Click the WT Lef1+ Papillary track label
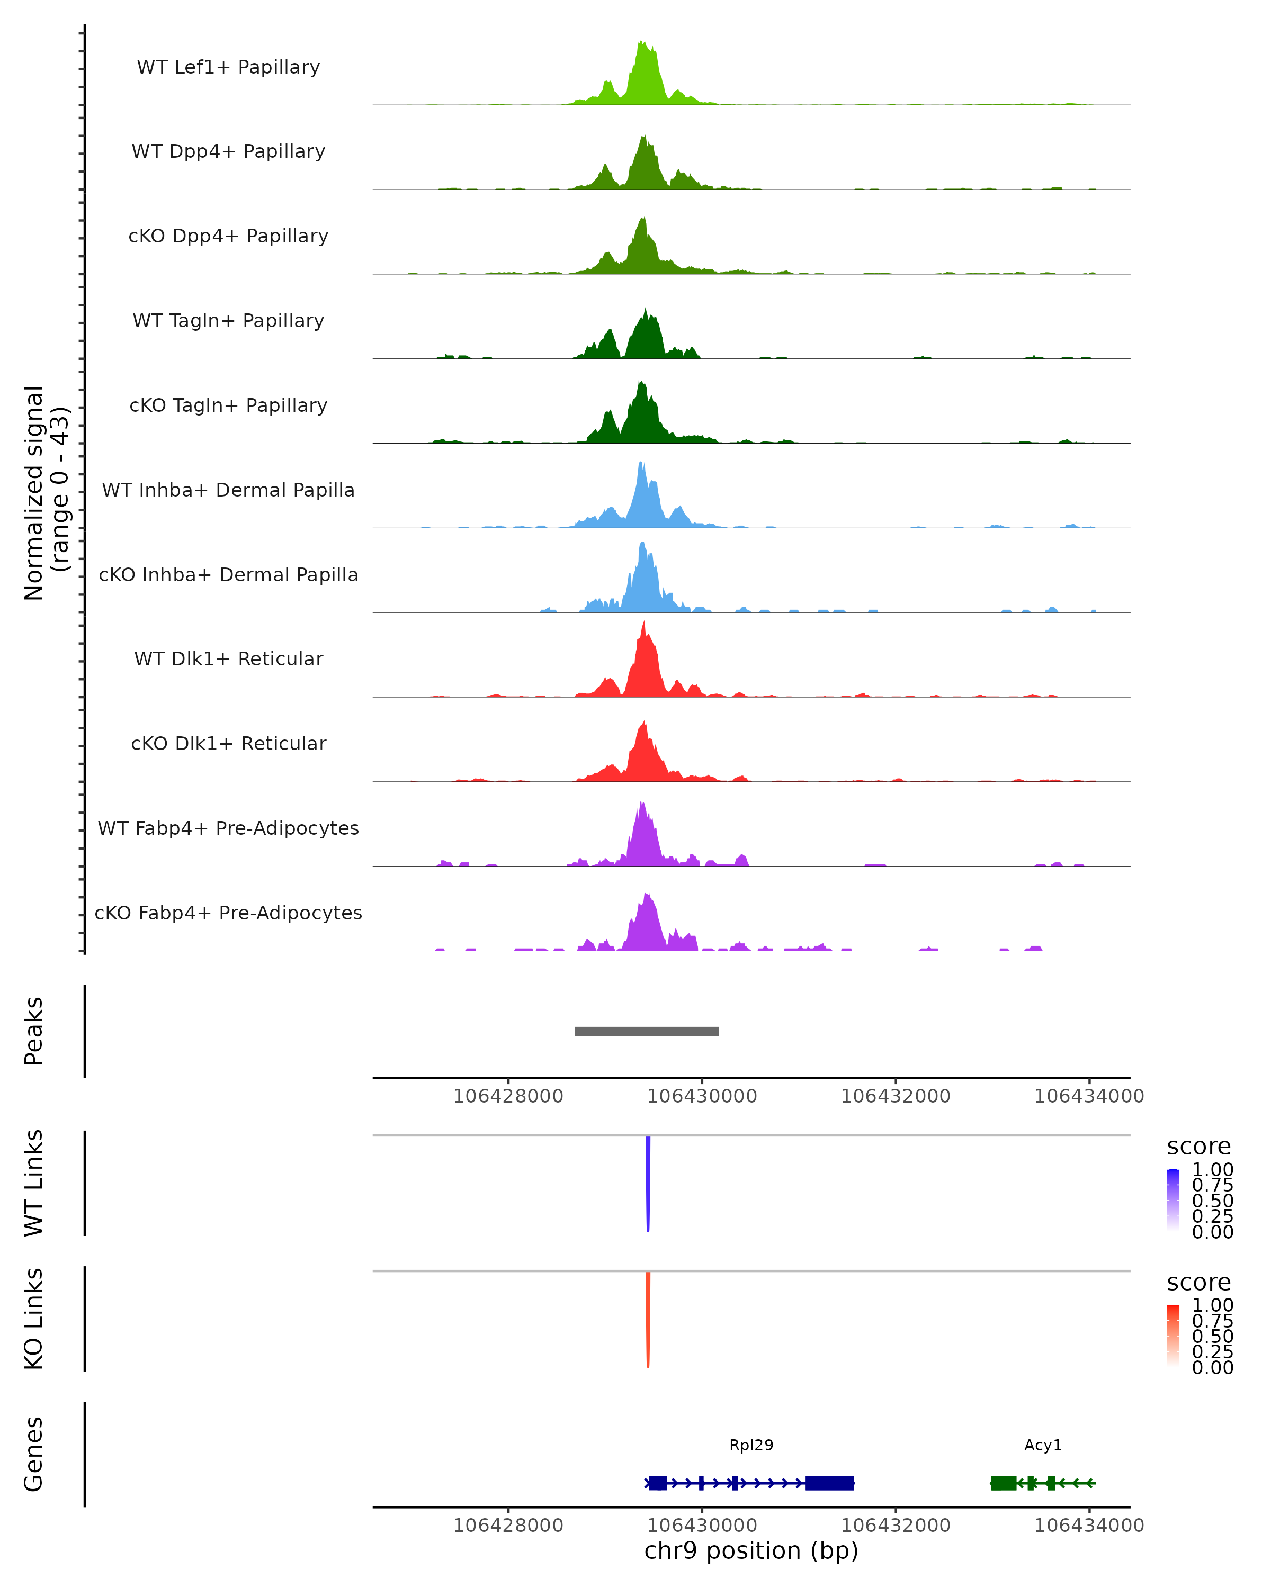(x=228, y=67)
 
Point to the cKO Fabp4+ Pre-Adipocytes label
(x=228, y=913)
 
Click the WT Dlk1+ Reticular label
(x=228, y=658)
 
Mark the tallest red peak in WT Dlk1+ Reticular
(x=645, y=623)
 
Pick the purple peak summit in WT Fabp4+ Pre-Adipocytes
(x=642, y=804)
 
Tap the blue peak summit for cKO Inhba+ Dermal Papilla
(x=642, y=544)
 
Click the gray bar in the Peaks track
(x=646, y=1031)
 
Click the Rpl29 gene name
(x=751, y=1445)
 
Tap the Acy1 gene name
(x=1043, y=1445)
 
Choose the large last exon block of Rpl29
(x=830, y=1483)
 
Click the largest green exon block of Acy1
(x=1003, y=1483)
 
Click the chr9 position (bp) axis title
(x=751, y=1550)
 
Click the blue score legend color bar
(x=1173, y=1200)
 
